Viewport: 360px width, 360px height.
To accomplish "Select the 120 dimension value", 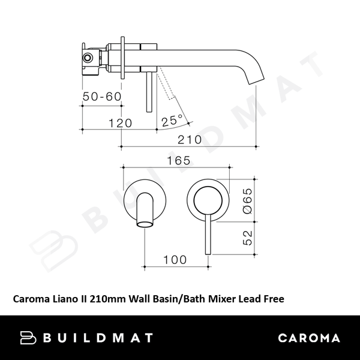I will pyautogui.click(x=121, y=123).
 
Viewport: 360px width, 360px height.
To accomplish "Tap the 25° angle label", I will pyautogui.click(x=172, y=120).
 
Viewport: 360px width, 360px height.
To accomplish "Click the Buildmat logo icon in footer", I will pyautogui.click(x=28, y=338).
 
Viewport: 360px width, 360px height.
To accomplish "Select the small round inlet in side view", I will pyautogui.click(x=88, y=57).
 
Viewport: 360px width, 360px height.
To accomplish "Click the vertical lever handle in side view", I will pyautogui.click(x=147, y=90).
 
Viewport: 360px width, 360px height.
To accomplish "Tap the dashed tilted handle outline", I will pyautogui.click(x=166, y=84).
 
